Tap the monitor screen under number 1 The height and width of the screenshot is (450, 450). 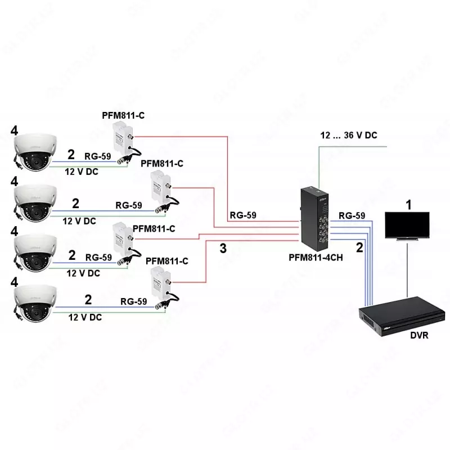coord(407,224)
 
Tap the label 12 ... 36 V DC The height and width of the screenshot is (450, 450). coord(349,136)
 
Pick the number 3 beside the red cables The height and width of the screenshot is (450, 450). coord(223,249)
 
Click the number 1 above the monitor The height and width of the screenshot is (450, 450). coord(409,204)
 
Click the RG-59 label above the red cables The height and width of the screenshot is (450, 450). coord(243,215)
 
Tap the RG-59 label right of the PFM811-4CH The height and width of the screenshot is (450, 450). coord(352,215)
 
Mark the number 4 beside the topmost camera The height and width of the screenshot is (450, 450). coord(15,130)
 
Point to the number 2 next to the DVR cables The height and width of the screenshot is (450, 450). coord(359,246)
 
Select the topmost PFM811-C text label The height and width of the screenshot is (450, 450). coord(124,116)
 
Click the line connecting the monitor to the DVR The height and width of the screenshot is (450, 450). coord(407,270)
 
